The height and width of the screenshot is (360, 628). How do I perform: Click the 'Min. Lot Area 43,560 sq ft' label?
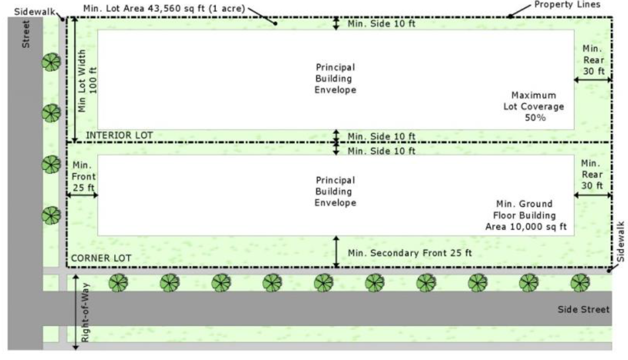[x=163, y=9]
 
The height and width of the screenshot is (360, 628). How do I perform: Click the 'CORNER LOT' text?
[x=100, y=257]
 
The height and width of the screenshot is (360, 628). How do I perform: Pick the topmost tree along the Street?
[x=51, y=62]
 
